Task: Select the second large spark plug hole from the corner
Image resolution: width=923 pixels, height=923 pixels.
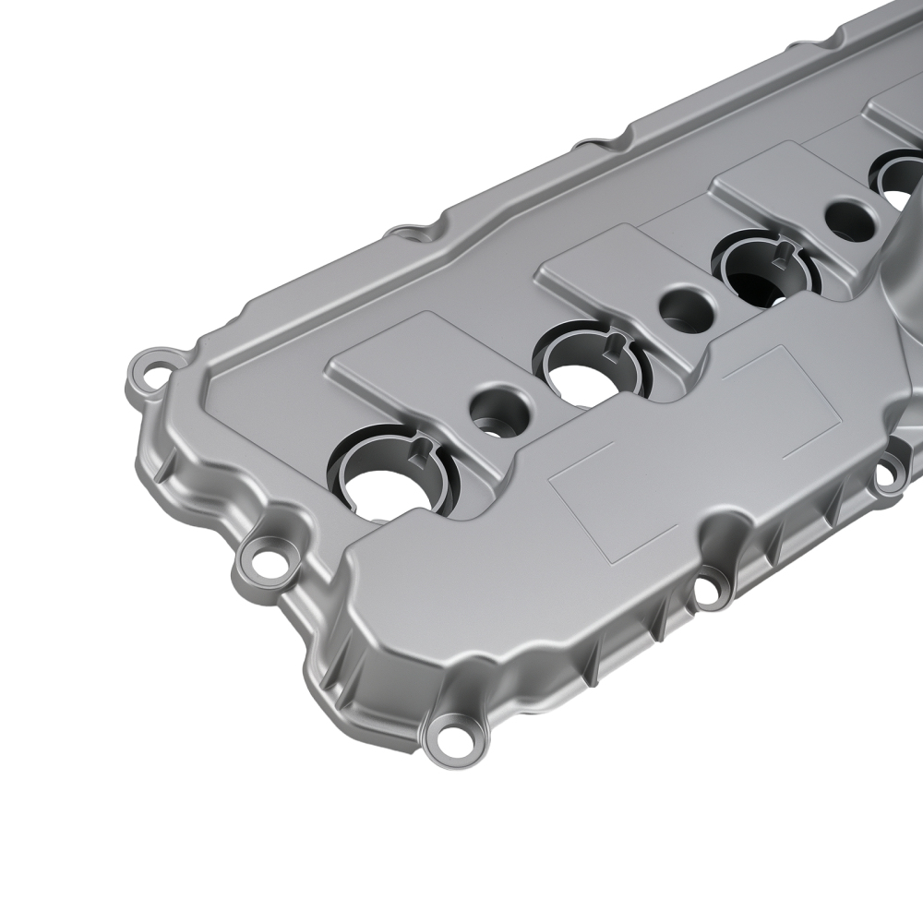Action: pyautogui.click(x=588, y=377)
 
